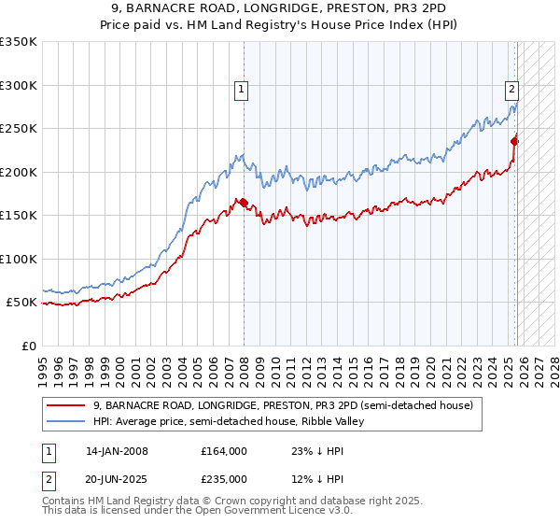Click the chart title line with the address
point(279,7)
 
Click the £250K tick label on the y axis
point(18,129)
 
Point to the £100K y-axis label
point(18,259)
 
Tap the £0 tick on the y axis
point(28,346)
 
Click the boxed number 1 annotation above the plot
point(241,90)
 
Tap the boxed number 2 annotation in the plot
point(512,90)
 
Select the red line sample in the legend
point(65,405)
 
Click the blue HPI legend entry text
point(230,421)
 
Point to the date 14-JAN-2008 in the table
point(117,451)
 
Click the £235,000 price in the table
point(224,479)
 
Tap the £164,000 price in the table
point(224,451)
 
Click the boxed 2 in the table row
point(47,479)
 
